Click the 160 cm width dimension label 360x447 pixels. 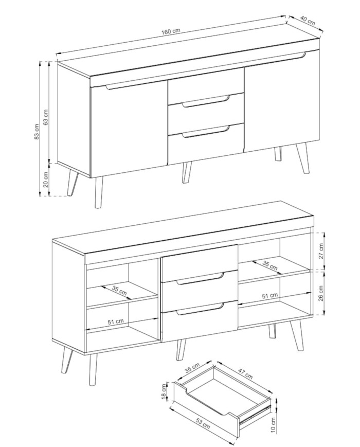click(x=171, y=31)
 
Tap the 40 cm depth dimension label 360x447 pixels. click(x=308, y=21)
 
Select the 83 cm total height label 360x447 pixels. click(x=36, y=132)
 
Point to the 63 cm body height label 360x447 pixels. click(x=45, y=117)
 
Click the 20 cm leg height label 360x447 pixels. click(x=46, y=180)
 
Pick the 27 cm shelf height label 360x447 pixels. click(x=321, y=251)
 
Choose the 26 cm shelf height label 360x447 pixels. click(x=321, y=293)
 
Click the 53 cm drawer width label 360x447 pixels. click(x=203, y=424)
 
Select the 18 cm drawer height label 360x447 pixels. click(x=164, y=391)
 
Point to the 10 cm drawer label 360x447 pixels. click(x=273, y=425)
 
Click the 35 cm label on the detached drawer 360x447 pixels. click(x=192, y=368)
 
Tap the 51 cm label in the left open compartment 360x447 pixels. click(x=116, y=321)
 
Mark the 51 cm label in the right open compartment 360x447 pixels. click(x=269, y=296)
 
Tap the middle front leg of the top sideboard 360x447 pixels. click(x=187, y=172)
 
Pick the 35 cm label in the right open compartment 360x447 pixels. click(x=269, y=265)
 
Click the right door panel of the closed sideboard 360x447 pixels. click(x=282, y=101)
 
